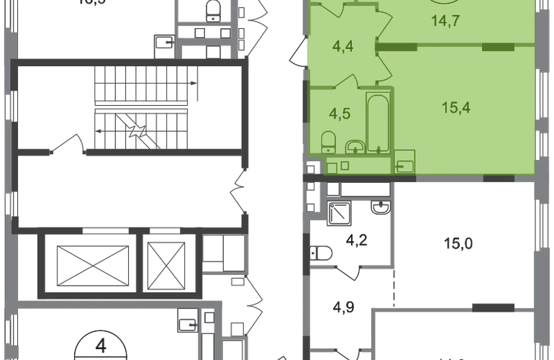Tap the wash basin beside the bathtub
point(354,148)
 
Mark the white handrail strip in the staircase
point(142,105)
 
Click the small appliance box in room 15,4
point(404,162)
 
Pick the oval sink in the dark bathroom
point(378,209)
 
